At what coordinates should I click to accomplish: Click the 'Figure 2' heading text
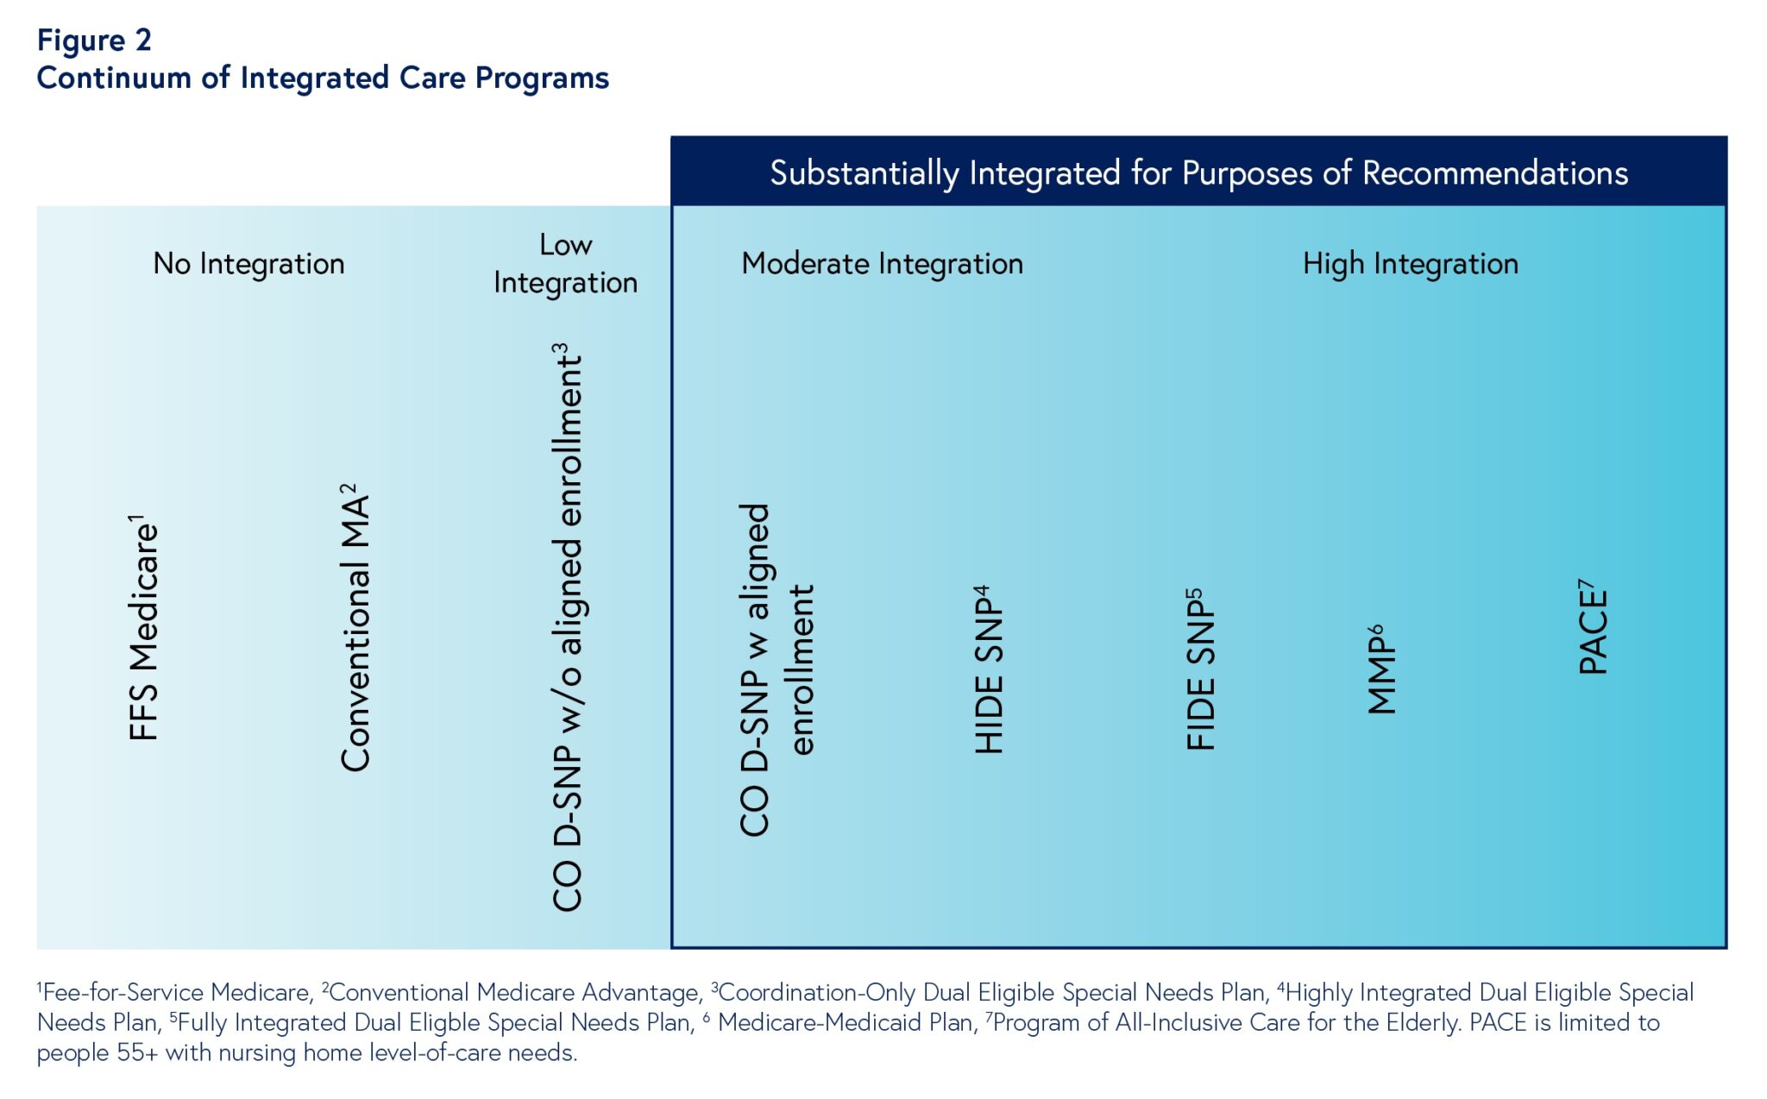tap(94, 41)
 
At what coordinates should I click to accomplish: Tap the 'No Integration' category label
tap(248, 263)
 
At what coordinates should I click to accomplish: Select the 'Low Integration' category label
tap(565, 264)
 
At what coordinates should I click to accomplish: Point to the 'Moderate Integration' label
tap(882, 263)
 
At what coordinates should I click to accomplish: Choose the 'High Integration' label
tap(1410, 263)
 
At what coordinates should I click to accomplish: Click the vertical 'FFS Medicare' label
tap(144, 630)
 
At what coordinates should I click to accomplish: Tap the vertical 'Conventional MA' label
tap(355, 630)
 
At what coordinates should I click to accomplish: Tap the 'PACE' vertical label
tap(1593, 630)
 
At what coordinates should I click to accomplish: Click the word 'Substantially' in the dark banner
tap(864, 173)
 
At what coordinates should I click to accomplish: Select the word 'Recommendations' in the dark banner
tap(1494, 173)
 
